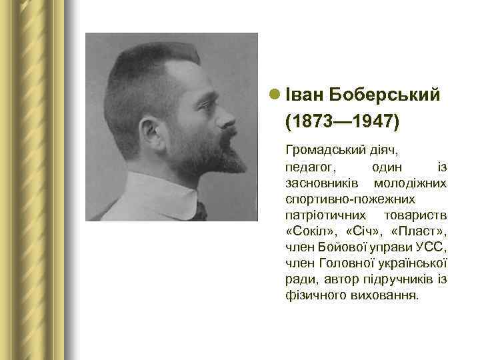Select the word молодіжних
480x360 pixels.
coord(411,182)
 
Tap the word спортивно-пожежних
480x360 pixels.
coord(350,199)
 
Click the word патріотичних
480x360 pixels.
coord(325,215)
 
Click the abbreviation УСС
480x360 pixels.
coord(431,247)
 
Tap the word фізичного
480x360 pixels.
coord(315,295)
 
